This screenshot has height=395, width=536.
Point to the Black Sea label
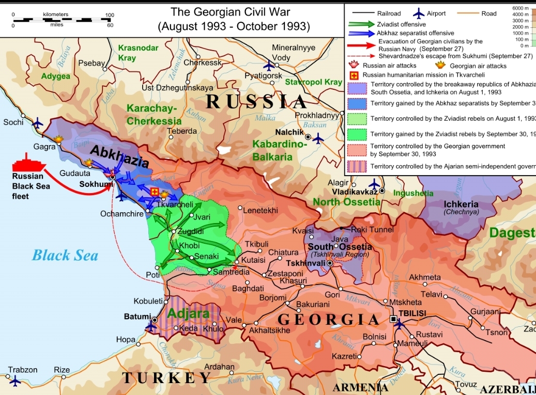pyautogui.click(x=65, y=255)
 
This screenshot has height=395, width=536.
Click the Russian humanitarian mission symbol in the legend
pyautogui.click(x=354, y=75)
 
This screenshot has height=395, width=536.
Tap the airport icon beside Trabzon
pyautogui.click(x=14, y=381)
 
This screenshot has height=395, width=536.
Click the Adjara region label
pyautogui.click(x=188, y=313)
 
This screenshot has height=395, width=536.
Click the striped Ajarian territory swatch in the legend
pyautogui.click(x=358, y=166)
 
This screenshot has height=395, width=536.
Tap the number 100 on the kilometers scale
pyautogui.click(x=109, y=15)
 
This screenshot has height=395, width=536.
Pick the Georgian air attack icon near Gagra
pyautogui.click(x=58, y=138)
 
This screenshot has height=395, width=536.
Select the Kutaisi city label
pyautogui.click(x=253, y=261)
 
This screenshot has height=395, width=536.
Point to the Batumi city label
pyautogui.click(x=137, y=316)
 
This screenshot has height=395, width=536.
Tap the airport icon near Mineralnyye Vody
pyautogui.click(x=268, y=66)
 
